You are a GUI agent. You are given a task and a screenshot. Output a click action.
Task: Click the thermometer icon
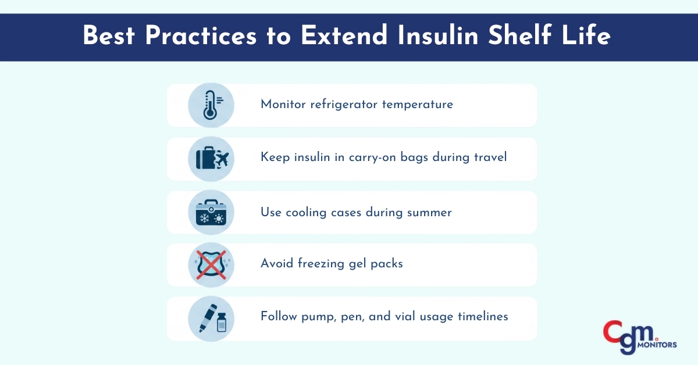tap(211, 105)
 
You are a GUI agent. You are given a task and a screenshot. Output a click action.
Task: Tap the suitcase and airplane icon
tap(211, 159)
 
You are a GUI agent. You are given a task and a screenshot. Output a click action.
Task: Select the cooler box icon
tap(211, 212)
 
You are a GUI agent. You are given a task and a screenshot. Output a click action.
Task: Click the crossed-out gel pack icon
tap(211, 265)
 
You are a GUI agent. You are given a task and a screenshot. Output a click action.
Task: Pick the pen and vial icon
tap(211, 319)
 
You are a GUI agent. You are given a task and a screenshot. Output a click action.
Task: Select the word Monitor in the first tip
tap(282, 105)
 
